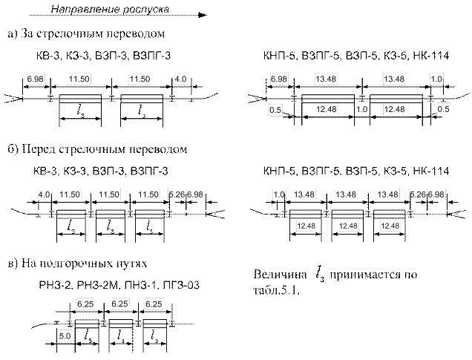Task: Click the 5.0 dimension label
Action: click(x=65, y=336)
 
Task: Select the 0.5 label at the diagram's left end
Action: click(x=275, y=111)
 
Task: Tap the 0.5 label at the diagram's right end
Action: click(x=444, y=111)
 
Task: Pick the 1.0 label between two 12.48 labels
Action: click(x=362, y=111)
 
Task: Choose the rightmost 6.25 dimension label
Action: click(x=154, y=305)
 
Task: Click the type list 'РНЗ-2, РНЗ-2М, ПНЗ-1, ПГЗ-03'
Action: click(x=118, y=285)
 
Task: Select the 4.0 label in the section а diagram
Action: click(x=180, y=78)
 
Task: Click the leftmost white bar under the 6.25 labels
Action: click(x=87, y=324)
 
